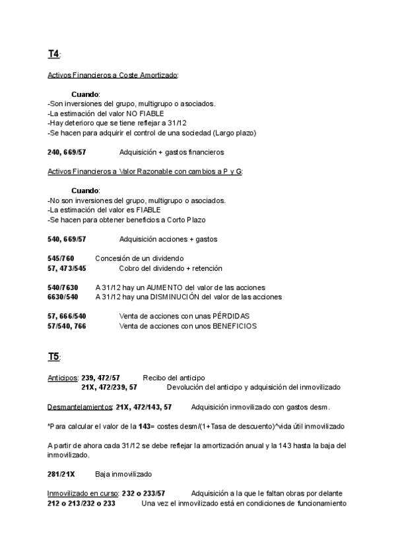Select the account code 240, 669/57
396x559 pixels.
67,152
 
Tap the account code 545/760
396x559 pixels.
61,258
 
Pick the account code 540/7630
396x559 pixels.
63,287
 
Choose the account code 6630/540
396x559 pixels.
63,297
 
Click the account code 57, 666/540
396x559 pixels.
67,316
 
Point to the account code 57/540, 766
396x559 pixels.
67,326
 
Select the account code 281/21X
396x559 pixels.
61,474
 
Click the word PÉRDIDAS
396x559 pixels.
231,316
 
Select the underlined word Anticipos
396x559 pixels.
63,378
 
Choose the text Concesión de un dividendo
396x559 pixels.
139,258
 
